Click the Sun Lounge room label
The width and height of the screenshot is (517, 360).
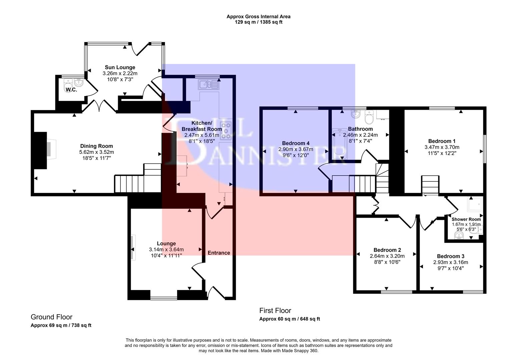coord(120,67)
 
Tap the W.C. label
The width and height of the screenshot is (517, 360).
coord(71,90)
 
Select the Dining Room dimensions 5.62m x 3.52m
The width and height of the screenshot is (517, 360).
coord(96,152)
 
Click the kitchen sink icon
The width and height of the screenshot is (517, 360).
coord(208,85)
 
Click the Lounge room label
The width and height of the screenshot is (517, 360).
coord(166,243)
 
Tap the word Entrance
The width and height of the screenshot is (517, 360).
coord(219,253)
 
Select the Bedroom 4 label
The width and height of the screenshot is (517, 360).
coord(296,143)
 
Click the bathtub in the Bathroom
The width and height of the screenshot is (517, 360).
coord(339,145)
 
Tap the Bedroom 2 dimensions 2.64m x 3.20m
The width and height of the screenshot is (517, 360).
coord(387,256)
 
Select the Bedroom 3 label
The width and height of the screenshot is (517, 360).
coord(450,256)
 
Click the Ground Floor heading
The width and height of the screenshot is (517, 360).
coord(51,317)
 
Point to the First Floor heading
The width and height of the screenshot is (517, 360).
coord(275,311)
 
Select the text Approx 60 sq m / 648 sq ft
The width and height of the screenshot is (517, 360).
coord(290,319)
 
